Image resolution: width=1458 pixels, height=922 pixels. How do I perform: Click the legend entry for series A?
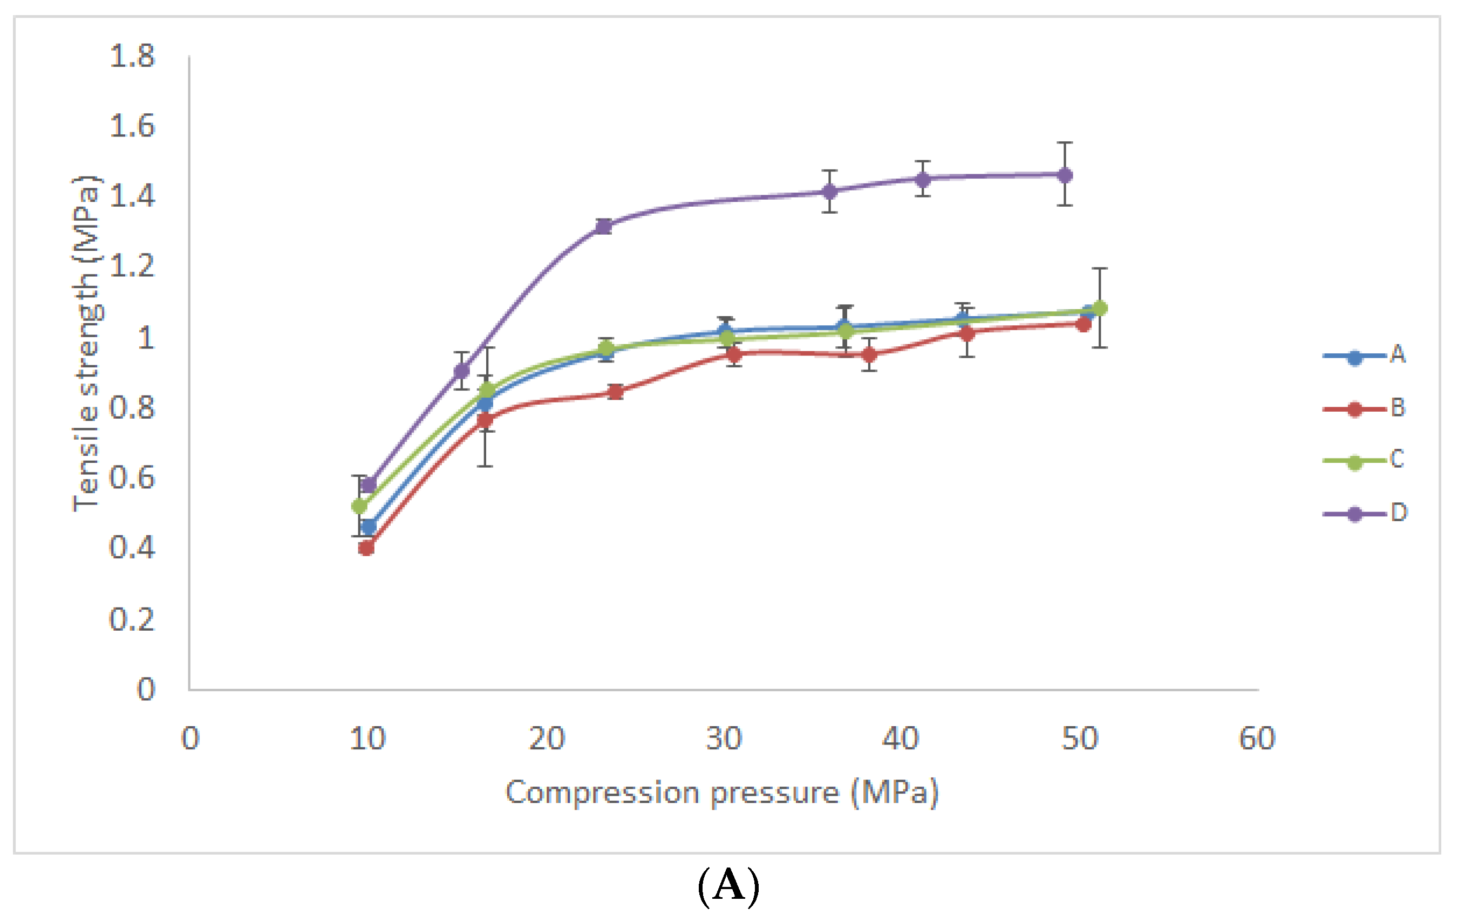pyautogui.click(x=1365, y=356)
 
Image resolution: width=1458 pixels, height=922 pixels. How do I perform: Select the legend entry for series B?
pyautogui.click(x=1365, y=408)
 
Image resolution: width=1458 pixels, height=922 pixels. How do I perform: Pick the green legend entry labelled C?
pyautogui.click(x=1365, y=461)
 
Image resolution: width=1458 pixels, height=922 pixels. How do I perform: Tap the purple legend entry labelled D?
pyautogui.click(x=1365, y=514)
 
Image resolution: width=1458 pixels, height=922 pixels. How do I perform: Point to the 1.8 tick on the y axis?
pyautogui.click(x=132, y=56)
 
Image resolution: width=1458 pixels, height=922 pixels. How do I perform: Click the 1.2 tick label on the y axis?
pyautogui.click(x=132, y=267)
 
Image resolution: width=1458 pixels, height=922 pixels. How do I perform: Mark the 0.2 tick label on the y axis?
pyautogui.click(x=132, y=619)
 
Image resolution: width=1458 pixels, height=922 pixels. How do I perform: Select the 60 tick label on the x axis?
pyautogui.click(x=1257, y=739)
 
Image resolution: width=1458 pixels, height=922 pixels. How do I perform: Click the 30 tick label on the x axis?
pyautogui.click(x=724, y=739)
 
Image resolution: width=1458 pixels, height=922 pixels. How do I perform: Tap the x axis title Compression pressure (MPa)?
pyautogui.click(x=722, y=793)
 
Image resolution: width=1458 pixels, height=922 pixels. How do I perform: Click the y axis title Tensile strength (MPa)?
pyautogui.click(x=86, y=343)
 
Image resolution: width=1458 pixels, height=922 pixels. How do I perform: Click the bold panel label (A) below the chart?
pyautogui.click(x=728, y=886)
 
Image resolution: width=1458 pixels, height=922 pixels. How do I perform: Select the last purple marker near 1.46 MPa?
pyautogui.click(x=1065, y=175)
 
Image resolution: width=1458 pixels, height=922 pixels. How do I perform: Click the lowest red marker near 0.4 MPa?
pyautogui.click(x=366, y=548)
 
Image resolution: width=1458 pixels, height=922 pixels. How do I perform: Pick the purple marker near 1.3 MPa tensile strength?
pyautogui.click(x=603, y=227)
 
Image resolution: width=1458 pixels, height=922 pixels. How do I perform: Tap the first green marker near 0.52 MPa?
pyautogui.click(x=360, y=506)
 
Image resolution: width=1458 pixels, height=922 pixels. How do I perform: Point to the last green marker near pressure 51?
pyautogui.click(x=1100, y=308)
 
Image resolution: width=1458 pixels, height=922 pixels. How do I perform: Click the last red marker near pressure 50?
pyautogui.click(x=1083, y=324)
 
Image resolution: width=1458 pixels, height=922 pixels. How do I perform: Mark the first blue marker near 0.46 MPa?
pyautogui.click(x=368, y=527)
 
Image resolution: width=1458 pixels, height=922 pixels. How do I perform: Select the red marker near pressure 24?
pyautogui.click(x=616, y=392)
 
